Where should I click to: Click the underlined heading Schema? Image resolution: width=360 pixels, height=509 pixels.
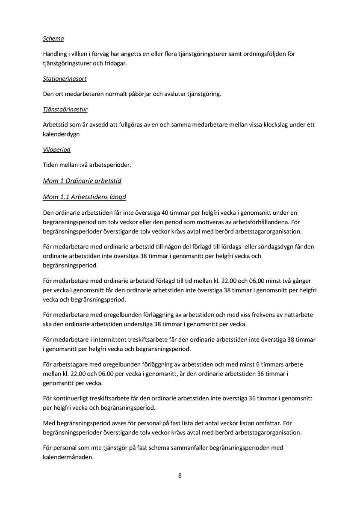pyautogui.click(x=53, y=39)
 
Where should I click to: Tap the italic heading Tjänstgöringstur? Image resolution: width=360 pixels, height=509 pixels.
pyautogui.click(x=65, y=109)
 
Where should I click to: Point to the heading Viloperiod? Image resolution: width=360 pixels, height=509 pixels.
pyautogui.click(x=56, y=150)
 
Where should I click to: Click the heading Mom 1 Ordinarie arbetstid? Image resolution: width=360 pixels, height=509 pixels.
pyautogui.click(x=82, y=181)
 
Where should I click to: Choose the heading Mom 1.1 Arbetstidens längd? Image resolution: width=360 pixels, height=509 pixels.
pyautogui.click(x=84, y=197)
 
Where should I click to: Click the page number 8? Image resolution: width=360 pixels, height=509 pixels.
pyautogui.click(x=180, y=475)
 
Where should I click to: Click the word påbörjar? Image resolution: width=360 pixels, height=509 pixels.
pyautogui.click(x=137, y=94)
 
